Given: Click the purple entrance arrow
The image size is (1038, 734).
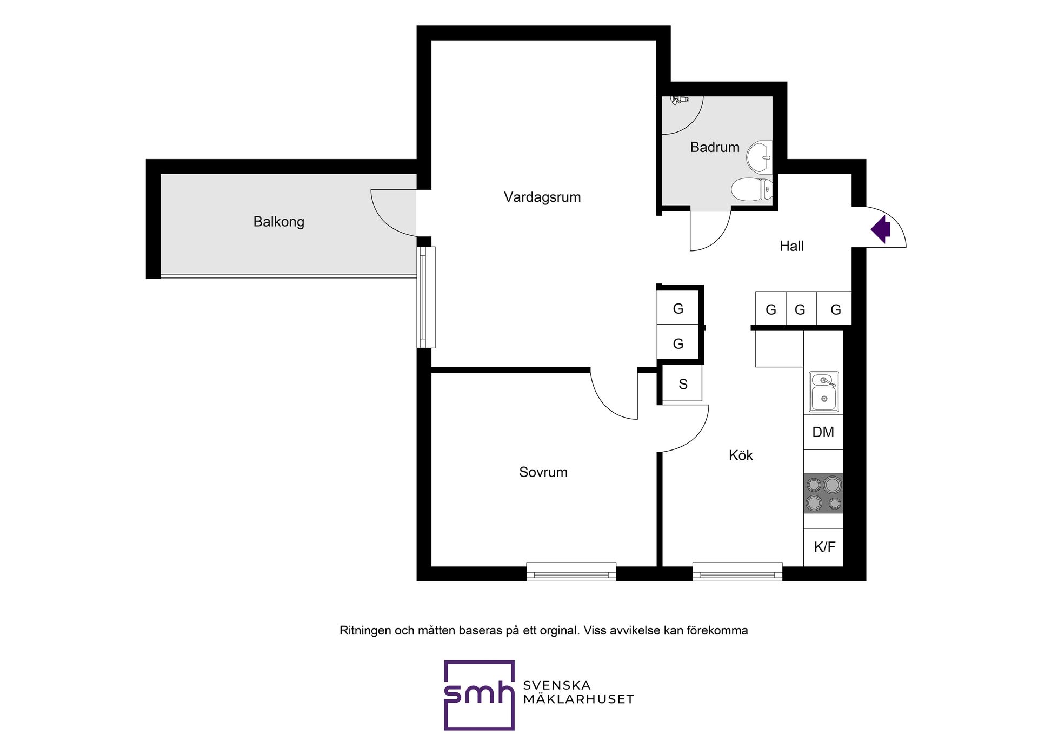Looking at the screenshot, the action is click(881, 229).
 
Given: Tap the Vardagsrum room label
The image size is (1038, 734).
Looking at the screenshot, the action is click(542, 197).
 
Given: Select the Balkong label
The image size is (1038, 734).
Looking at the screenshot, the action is click(279, 222).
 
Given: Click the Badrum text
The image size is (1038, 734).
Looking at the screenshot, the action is click(715, 147).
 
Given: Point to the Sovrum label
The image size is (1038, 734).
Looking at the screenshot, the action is click(543, 472).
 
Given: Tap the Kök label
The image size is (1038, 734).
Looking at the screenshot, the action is click(741, 455).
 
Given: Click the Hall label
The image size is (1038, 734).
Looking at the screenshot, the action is click(791, 246).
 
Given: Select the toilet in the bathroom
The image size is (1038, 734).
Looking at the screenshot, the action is click(752, 189).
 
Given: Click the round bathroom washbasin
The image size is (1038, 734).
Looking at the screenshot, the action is click(760, 157).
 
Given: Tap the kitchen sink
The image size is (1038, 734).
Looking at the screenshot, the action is click(823, 392).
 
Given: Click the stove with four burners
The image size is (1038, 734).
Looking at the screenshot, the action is click(823, 493).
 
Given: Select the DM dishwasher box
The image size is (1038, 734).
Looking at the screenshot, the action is click(823, 432).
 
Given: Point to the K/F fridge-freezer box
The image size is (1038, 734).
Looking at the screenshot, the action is click(823, 547).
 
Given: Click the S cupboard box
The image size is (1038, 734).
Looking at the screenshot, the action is click(682, 383).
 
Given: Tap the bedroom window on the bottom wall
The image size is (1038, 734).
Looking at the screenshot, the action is click(571, 572).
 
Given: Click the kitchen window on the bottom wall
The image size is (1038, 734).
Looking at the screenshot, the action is click(737, 572).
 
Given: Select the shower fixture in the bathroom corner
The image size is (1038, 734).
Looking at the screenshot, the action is click(678, 100).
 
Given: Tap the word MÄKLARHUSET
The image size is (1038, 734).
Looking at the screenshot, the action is click(578, 699).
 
